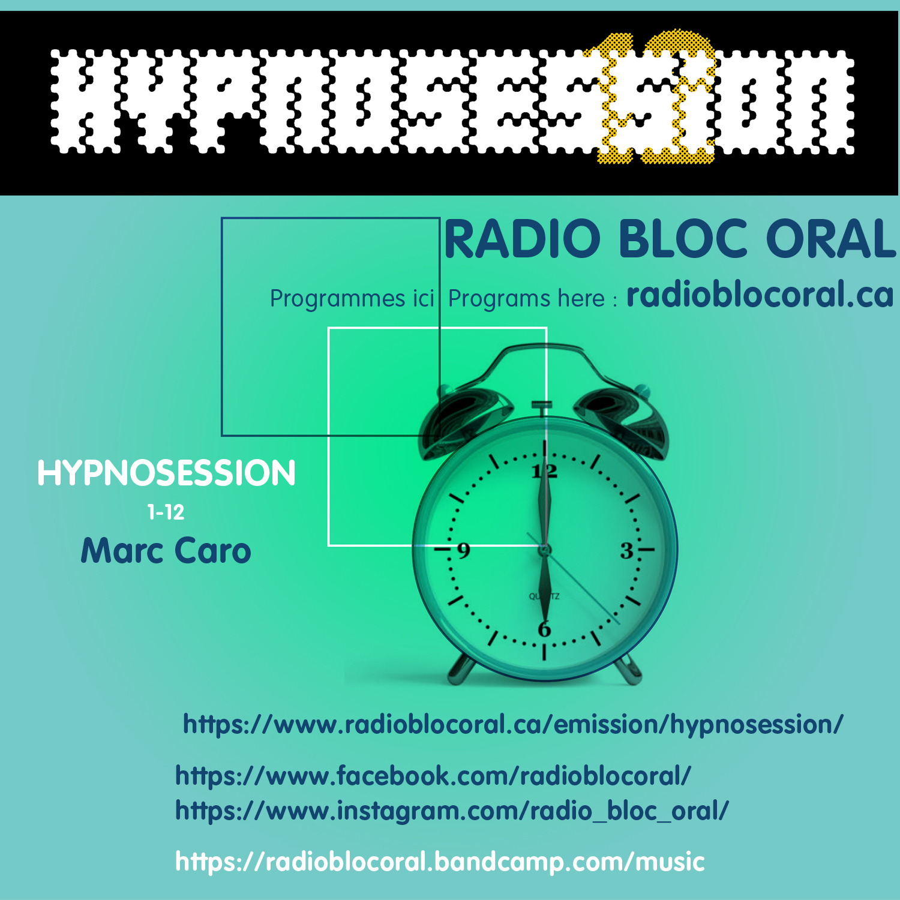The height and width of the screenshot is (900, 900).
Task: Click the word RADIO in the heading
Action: click(x=523, y=239)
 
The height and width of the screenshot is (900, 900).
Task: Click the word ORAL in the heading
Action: click(x=831, y=239)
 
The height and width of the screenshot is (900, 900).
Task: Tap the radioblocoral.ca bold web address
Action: click(x=760, y=295)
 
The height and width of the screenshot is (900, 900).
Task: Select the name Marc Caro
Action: click(x=166, y=551)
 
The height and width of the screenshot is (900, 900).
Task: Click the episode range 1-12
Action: click(x=166, y=512)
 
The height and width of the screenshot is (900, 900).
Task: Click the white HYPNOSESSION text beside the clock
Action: click(x=166, y=473)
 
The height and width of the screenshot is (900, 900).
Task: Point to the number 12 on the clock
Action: click(x=544, y=472)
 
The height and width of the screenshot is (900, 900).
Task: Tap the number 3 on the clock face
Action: click(x=626, y=550)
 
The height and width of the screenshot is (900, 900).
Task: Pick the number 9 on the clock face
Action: click(x=463, y=550)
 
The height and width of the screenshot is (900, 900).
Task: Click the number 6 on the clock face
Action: click(x=544, y=629)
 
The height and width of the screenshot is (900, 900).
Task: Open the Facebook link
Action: click(x=433, y=776)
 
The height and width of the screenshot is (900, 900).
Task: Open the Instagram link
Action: click(x=452, y=811)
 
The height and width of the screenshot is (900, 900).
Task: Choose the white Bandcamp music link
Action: click(x=440, y=862)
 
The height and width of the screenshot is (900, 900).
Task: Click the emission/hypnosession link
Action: click(x=514, y=725)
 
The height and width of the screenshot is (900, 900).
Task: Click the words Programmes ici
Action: click(x=352, y=298)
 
